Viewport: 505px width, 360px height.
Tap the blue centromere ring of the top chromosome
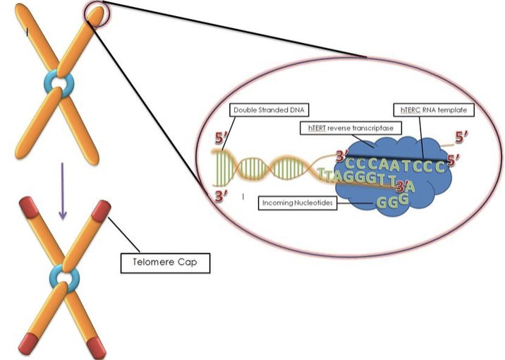coord(59,85)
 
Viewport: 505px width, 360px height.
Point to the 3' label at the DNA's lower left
coord(221,196)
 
